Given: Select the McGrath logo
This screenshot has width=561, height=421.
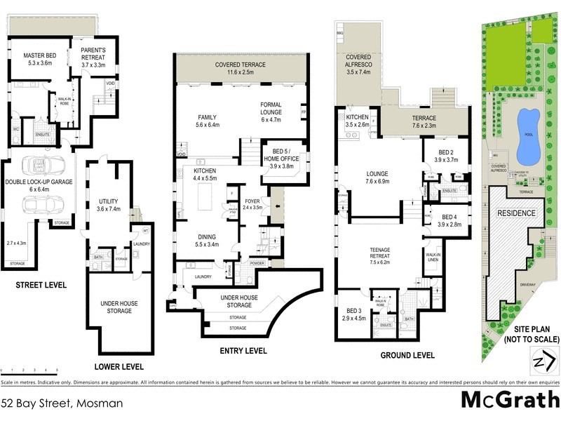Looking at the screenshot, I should tap(507, 400).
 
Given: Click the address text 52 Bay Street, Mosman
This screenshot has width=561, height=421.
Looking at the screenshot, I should tap(62, 403).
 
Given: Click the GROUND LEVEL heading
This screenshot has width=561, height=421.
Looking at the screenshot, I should tap(407, 355).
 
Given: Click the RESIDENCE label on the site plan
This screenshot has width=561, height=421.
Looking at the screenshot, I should tap(516, 213).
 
